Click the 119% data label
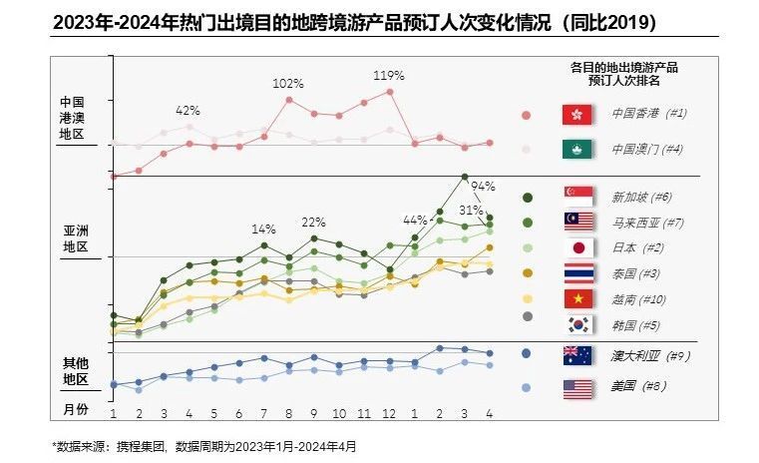(x=389, y=75)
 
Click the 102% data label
(x=288, y=83)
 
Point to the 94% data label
(x=483, y=186)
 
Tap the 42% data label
(x=189, y=110)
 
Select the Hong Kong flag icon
(x=578, y=114)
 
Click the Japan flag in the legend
(x=578, y=247)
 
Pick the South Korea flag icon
(x=578, y=323)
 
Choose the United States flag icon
(x=578, y=388)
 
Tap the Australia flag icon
(x=578, y=354)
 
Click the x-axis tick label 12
(x=389, y=413)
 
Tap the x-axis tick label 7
(x=264, y=413)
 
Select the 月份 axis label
(x=76, y=409)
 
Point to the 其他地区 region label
(x=76, y=370)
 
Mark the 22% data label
(x=313, y=222)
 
